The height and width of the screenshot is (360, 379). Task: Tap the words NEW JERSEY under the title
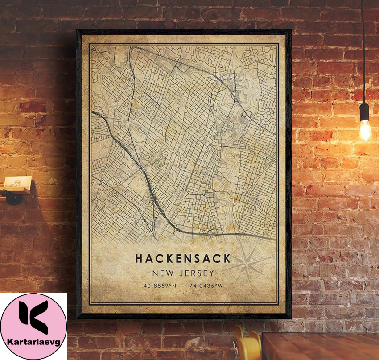coord(182,273)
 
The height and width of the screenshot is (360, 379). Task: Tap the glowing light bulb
coord(365,129)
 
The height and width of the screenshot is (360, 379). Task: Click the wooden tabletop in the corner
coord(321,346)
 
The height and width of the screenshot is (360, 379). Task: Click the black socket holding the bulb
coord(364,112)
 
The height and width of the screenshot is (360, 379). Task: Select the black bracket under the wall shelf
coord(13,196)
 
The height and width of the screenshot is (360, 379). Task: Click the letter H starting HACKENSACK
coord(139,259)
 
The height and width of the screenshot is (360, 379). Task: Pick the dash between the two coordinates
coord(183,286)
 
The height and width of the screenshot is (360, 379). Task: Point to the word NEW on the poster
coord(161,273)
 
